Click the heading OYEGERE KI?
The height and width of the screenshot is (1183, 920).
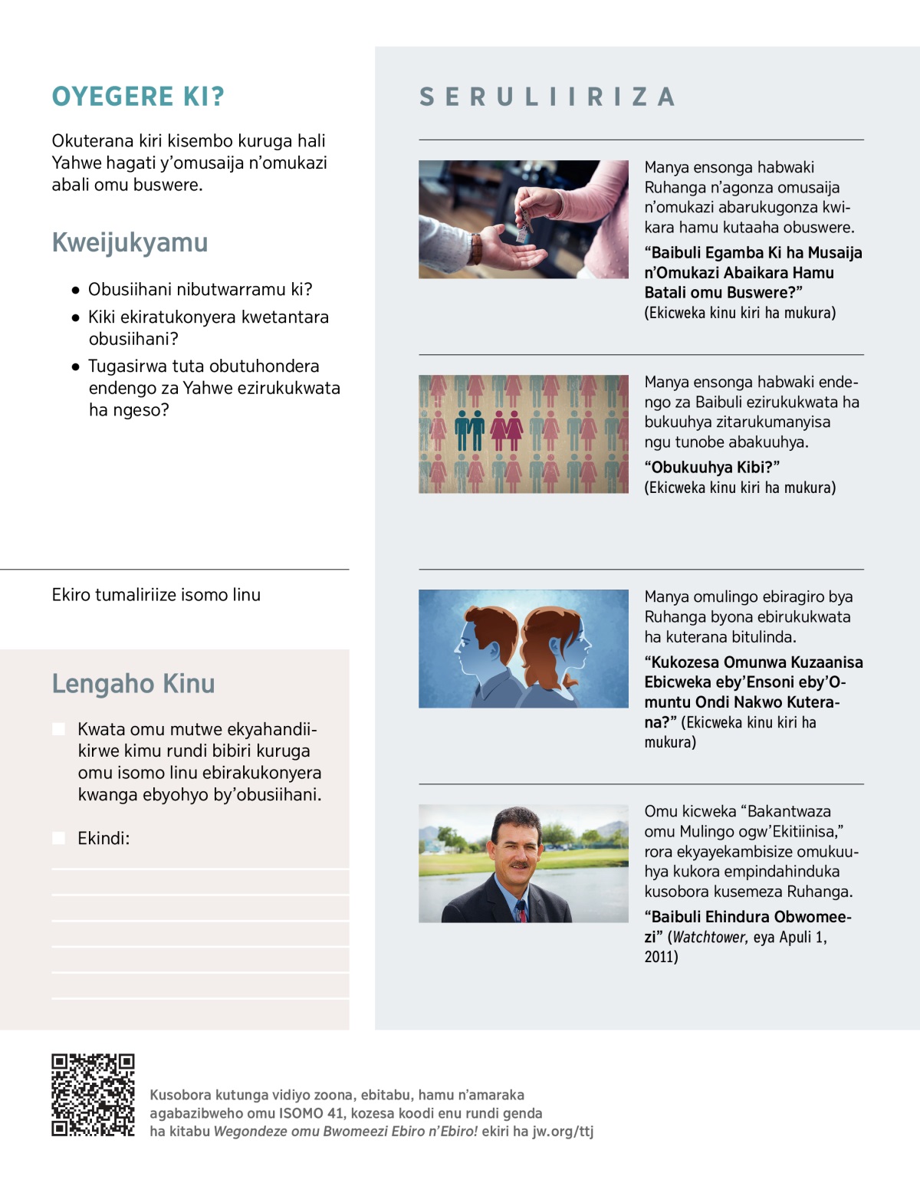pyautogui.click(x=138, y=97)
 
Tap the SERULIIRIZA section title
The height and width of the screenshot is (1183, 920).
pyautogui.click(x=547, y=97)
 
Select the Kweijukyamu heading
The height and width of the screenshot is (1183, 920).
pyautogui.click(x=130, y=242)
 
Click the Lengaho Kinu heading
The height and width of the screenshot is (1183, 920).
pyautogui.click(x=133, y=683)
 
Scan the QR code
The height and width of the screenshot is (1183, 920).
pyautogui.click(x=93, y=1094)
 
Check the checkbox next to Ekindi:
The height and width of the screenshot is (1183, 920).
pyautogui.click(x=58, y=838)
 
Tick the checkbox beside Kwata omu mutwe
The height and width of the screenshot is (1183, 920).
pyautogui.click(x=58, y=729)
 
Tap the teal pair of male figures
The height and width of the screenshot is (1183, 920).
pyautogui.click(x=469, y=431)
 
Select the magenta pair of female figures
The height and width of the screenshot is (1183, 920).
pyautogui.click(x=506, y=431)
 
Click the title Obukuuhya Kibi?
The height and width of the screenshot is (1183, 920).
pyautogui.click(x=711, y=467)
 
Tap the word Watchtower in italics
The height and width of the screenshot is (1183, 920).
pyautogui.click(x=709, y=937)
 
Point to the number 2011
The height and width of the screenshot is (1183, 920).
pyautogui.click(x=661, y=957)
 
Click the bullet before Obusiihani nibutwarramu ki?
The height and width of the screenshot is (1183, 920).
pyautogui.click(x=75, y=290)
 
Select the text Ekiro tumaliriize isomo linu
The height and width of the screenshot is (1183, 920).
pyautogui.click(x=156, y=595)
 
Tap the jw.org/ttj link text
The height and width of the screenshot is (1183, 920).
pyautogui.click(x=563, y=1132)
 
